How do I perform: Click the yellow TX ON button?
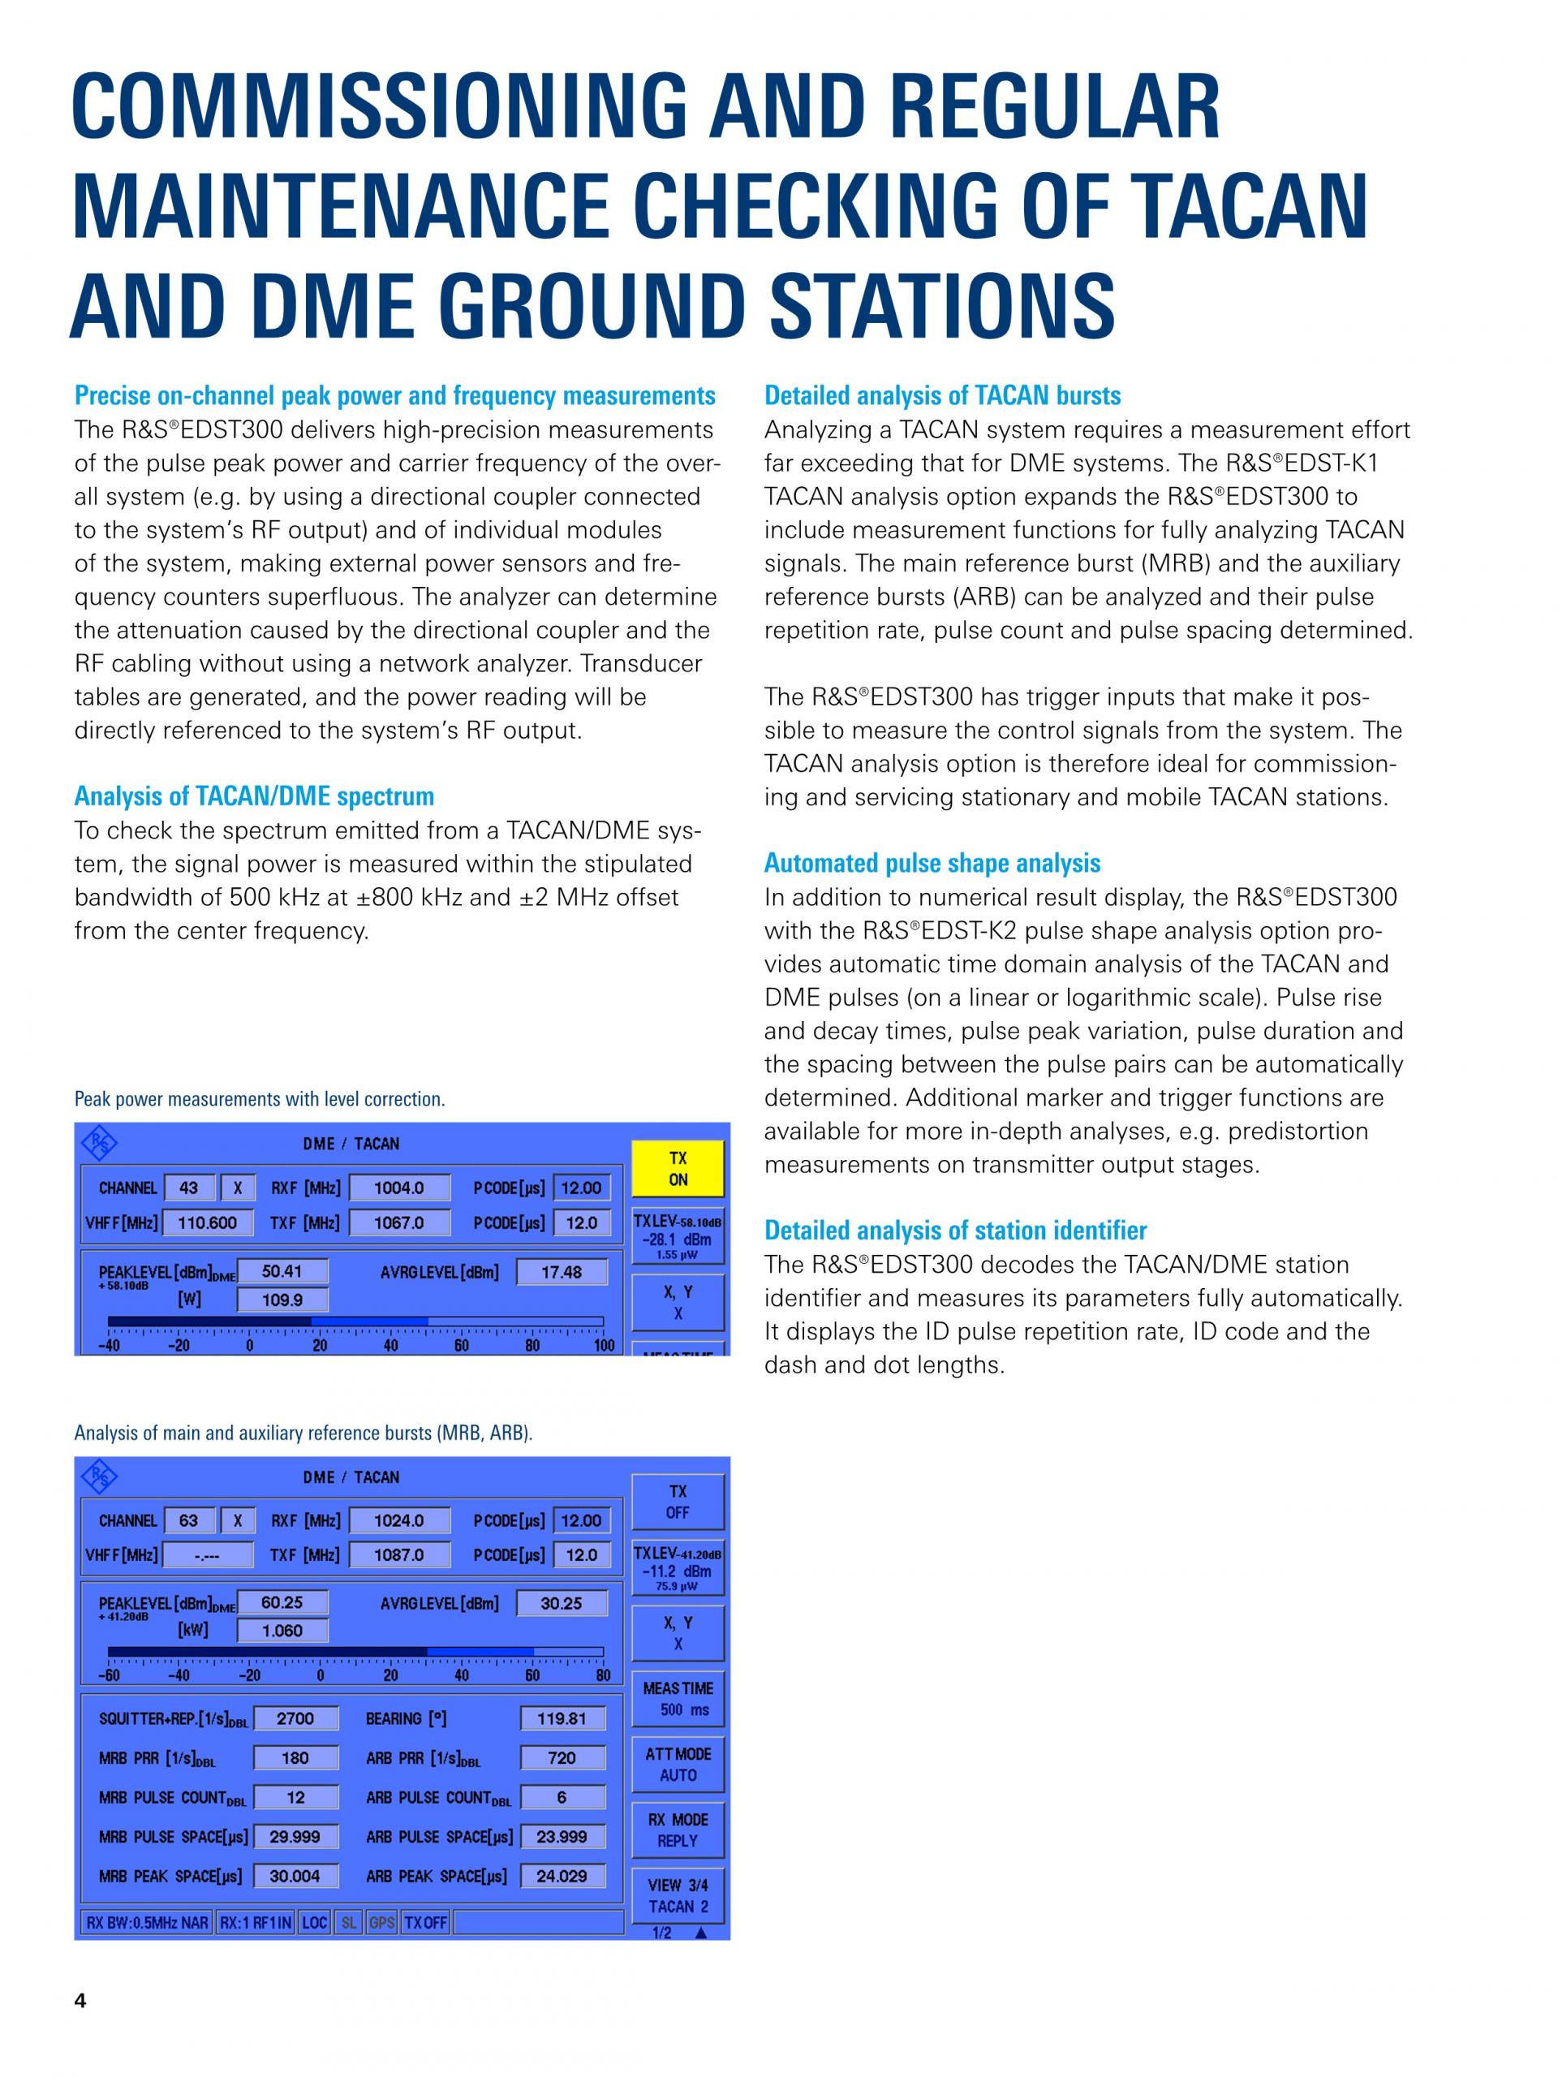click(677, 1169)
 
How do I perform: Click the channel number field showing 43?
click(189, 1188)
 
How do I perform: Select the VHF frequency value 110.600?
click(207, 1222)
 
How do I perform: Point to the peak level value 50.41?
click(282, 1271)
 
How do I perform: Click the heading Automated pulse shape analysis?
click(932, 862)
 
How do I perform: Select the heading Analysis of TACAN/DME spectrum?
click(253, 795)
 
